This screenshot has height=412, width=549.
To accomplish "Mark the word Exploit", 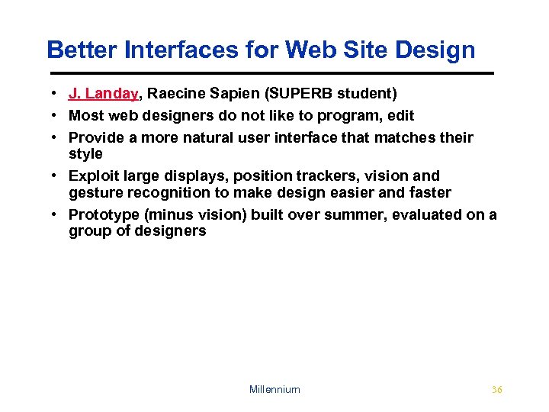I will (x=94, y=176).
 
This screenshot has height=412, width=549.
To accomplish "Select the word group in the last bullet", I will (x=89, y=231).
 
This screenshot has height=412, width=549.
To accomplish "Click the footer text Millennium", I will (x=274, y=390).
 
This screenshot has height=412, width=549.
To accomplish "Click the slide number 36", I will (x=497, y=390).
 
